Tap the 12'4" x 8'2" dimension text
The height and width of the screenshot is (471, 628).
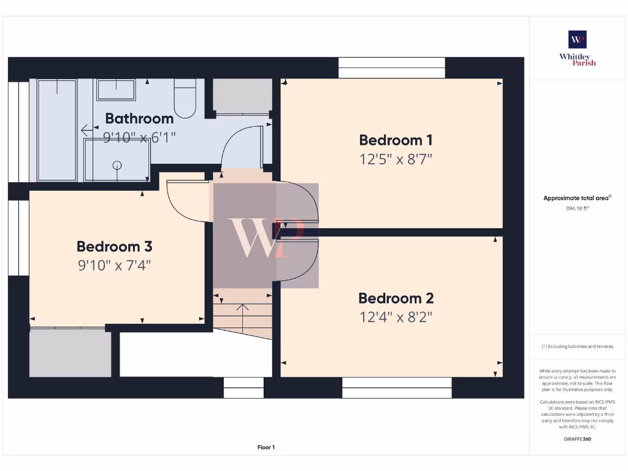pyautogui.click(x=396, y=318)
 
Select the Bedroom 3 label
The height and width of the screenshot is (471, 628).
pyautogui.click(x=114, y=247)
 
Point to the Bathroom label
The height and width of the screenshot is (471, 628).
pyautogui.click(x=139, y=118)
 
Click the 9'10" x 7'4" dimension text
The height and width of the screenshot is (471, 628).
pyautogui.click(x=114, y=266)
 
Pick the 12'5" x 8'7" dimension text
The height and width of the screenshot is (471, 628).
pyautogui.click(x=396, y=159)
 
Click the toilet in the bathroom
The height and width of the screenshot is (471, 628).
pyautogui.click(x=185, y=100)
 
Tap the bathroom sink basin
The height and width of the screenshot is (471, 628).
pyautogui.click(x=116, y=90)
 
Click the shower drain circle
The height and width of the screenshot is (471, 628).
pyautogui.click(x=117, y=164)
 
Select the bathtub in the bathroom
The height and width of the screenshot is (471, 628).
pyautogui.click(x=57, y=130)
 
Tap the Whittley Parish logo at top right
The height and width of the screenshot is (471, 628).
pyautogui.click(x=577, y=48)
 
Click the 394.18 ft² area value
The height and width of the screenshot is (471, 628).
pyautogui.click(x=577, y=209)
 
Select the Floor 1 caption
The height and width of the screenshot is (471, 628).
pyautogui.click(x=266, y=448)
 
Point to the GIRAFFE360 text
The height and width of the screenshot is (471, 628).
pyautogui.click(x=577, y=439)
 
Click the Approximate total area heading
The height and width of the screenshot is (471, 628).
pyautogui.click(x=577, y=198)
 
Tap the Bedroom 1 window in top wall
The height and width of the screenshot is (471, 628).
pyautogui.click(x=391, y=67)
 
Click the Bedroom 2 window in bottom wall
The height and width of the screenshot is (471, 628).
pyautogui.click(x=397, y=388)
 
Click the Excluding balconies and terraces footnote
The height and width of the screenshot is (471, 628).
pyautogui.click(x=577, y=347)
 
